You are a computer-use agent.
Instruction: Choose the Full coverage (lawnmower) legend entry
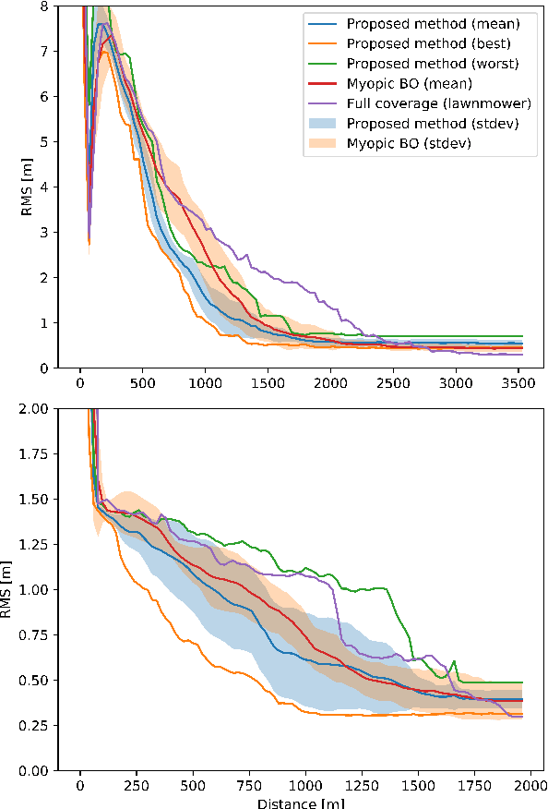click(x=425, y=104)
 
